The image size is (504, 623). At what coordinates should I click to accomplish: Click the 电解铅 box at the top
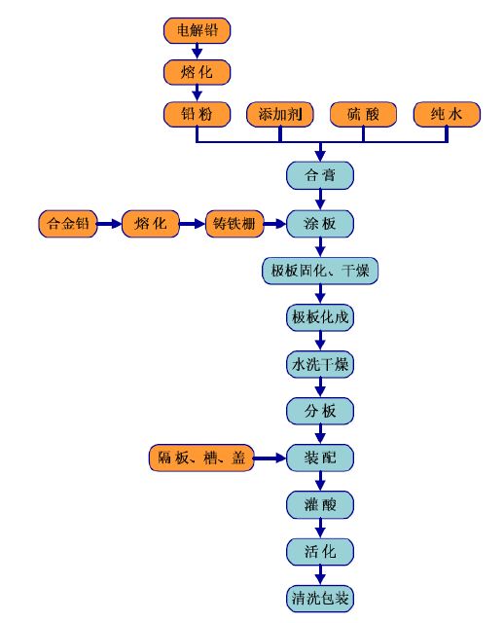click(x=197, y=30)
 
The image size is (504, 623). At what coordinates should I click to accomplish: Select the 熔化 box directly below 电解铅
click(x=197, y=72)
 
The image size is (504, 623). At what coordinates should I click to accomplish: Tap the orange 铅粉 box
click(x=197, y=115)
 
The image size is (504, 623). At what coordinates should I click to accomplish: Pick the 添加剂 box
click(x=280, y=115)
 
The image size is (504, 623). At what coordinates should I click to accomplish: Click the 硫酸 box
click(x=363, y=115)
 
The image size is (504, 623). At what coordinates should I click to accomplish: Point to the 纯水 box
click(x=447, y=115)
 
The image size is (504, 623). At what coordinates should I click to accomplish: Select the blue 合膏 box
click(x=320, y=175)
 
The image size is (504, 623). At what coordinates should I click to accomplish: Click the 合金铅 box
click(x=68, y=224)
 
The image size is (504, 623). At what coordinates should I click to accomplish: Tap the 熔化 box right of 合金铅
click(x=151, y=224)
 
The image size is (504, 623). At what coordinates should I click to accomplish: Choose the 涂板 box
click(x=320, y=224)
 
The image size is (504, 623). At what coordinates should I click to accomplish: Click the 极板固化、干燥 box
click(x=320, y=271)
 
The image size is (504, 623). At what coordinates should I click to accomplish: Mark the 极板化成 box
click(x=320, y=317)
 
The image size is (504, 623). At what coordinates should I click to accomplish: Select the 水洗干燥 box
click(x=320, y=364)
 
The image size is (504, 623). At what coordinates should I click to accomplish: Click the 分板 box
click(x=320, y=411)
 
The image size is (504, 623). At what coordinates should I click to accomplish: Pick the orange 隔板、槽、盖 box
click(x=201, y=458)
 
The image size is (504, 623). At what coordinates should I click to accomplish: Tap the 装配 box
click(x=320, y=458)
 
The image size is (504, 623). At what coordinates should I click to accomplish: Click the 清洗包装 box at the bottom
click(x=320, y=599)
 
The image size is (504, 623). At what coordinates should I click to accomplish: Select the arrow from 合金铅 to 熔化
click(x=109, y=224)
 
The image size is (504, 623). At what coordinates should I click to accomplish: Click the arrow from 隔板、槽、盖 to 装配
click(x=270, y=458)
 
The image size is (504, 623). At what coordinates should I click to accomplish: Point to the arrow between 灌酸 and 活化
click(x=320, y=529)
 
